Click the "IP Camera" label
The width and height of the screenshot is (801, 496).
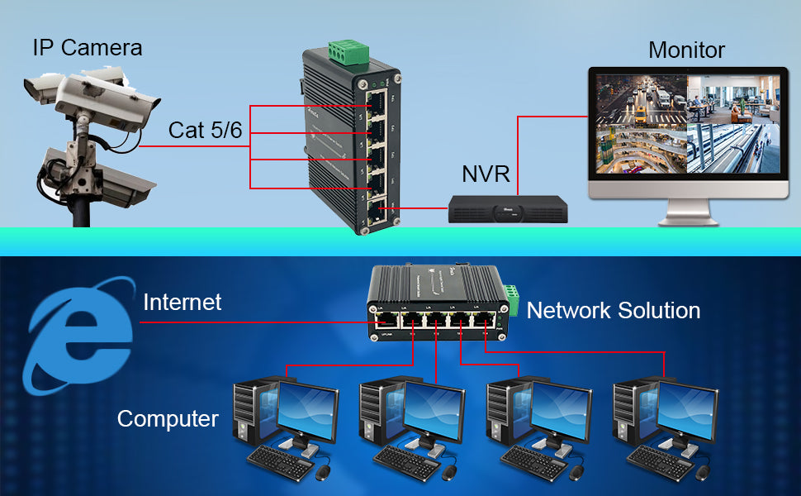point(88,47)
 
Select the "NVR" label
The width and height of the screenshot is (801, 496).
point(487,174)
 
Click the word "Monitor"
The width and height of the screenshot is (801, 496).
point(686,50)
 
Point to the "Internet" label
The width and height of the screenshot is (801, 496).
point(182,303)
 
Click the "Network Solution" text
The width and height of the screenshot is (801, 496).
point(614,311)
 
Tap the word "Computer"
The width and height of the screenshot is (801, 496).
point(168,418)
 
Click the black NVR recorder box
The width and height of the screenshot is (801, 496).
point(509,208)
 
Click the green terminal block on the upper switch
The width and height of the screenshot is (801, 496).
point(347,52)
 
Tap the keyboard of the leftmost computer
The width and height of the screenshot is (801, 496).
point(278,460)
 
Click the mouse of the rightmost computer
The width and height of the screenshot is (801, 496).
point(703,472)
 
